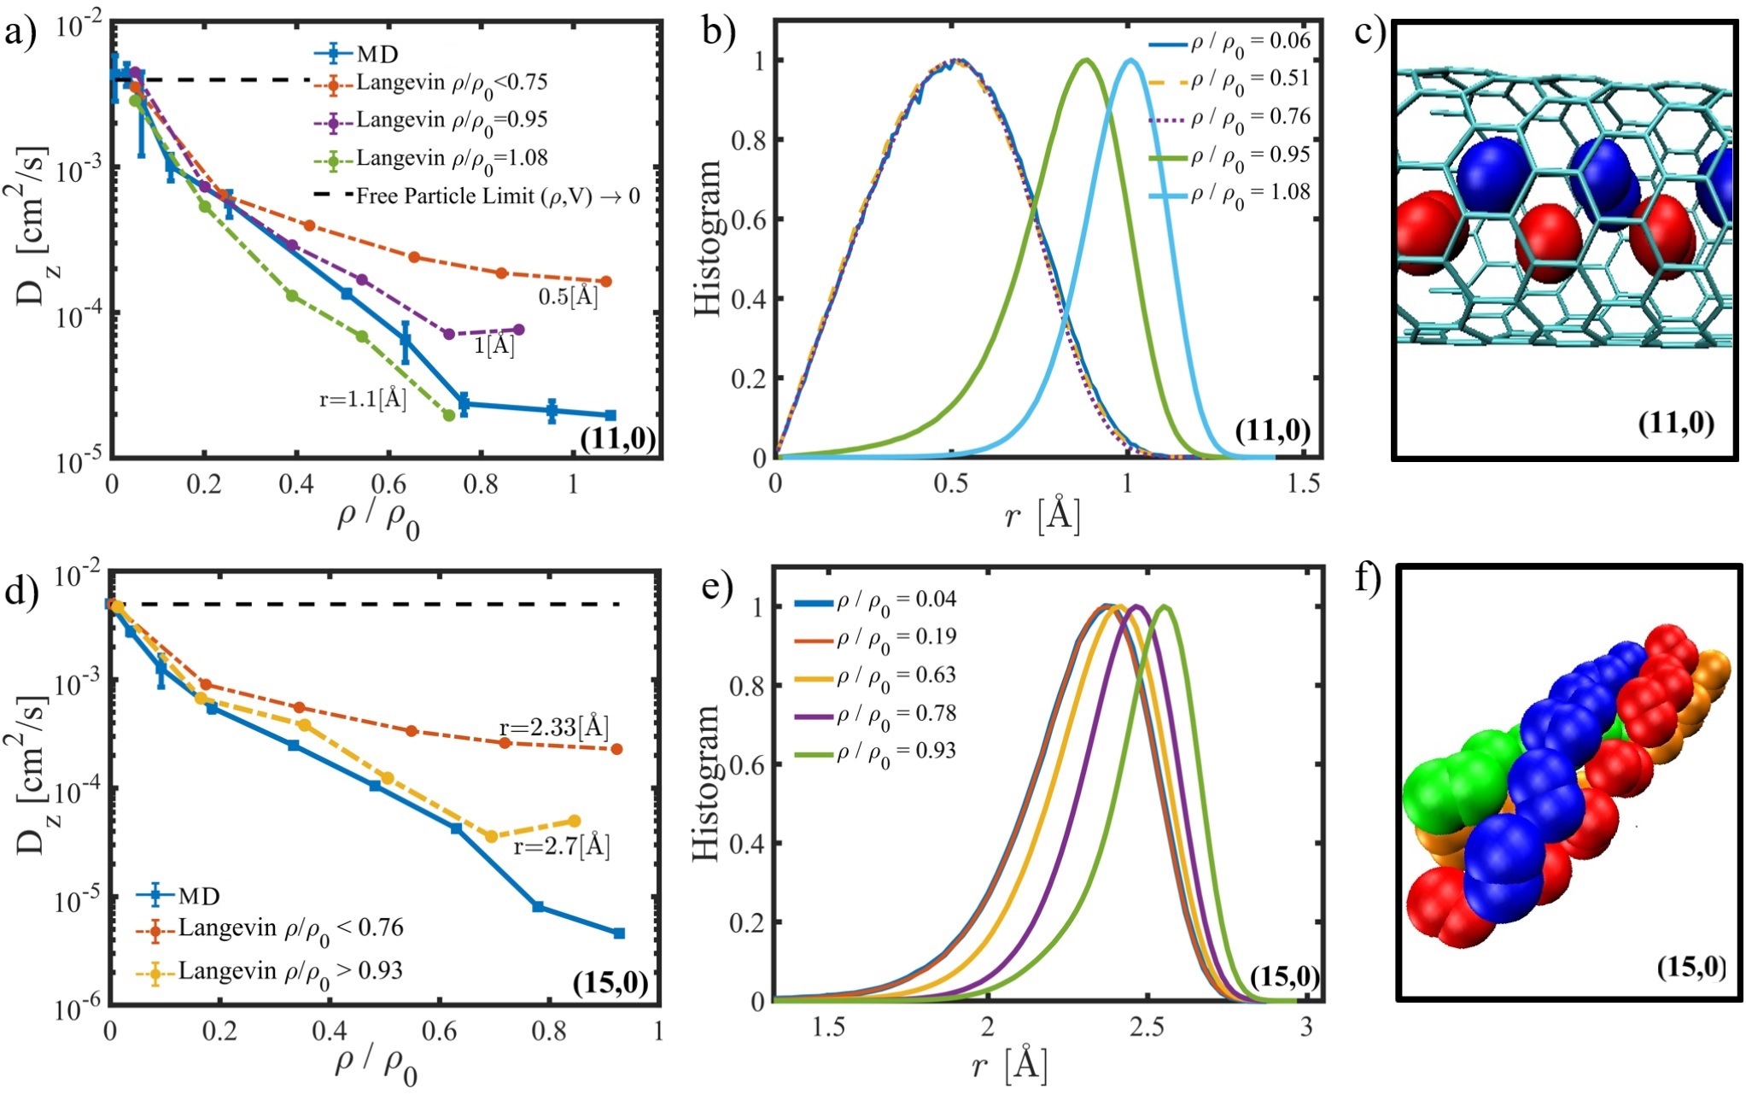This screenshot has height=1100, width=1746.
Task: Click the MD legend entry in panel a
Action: point(377,55)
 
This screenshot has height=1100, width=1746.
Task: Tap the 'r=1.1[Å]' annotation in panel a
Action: point(363,399)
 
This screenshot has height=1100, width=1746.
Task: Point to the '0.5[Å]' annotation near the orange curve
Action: point(568,296)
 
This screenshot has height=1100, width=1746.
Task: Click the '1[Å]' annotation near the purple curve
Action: point(494,345)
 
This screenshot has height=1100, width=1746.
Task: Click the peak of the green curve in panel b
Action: point(1086,60)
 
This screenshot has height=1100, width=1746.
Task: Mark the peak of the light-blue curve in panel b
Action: point(1130,60)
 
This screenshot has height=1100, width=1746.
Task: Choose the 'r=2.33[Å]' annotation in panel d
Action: point(554,728)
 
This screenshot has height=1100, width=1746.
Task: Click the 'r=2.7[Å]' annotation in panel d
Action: point(562,846)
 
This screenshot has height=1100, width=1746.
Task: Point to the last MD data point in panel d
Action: point(619,933)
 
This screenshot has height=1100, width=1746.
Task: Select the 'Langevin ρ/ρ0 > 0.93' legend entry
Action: point(290,971)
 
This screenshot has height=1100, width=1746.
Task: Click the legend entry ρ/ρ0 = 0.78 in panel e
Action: point(896,714)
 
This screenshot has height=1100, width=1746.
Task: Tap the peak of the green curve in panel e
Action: point(1165,607)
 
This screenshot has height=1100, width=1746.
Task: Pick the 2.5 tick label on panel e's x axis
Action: point(1147,1027)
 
